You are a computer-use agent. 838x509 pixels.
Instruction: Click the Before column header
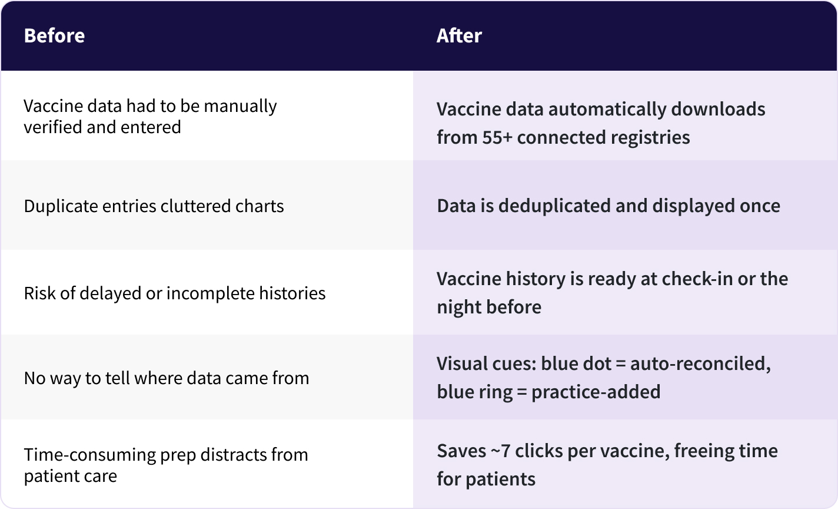point(54,36)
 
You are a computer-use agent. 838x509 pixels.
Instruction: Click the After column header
point(459,36)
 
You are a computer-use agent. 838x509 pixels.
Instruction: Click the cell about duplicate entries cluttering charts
point(154,206)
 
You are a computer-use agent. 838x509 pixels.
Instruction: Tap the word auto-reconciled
point(700,363)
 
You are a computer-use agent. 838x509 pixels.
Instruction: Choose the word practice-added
point(596,392)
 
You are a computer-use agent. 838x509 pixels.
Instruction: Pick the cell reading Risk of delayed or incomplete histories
point(174,293)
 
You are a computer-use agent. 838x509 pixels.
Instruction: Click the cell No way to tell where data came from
point(166,378)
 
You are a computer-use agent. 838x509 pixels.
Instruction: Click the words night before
point(488,307)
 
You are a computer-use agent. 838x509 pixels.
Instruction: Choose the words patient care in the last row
point(70,476)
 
